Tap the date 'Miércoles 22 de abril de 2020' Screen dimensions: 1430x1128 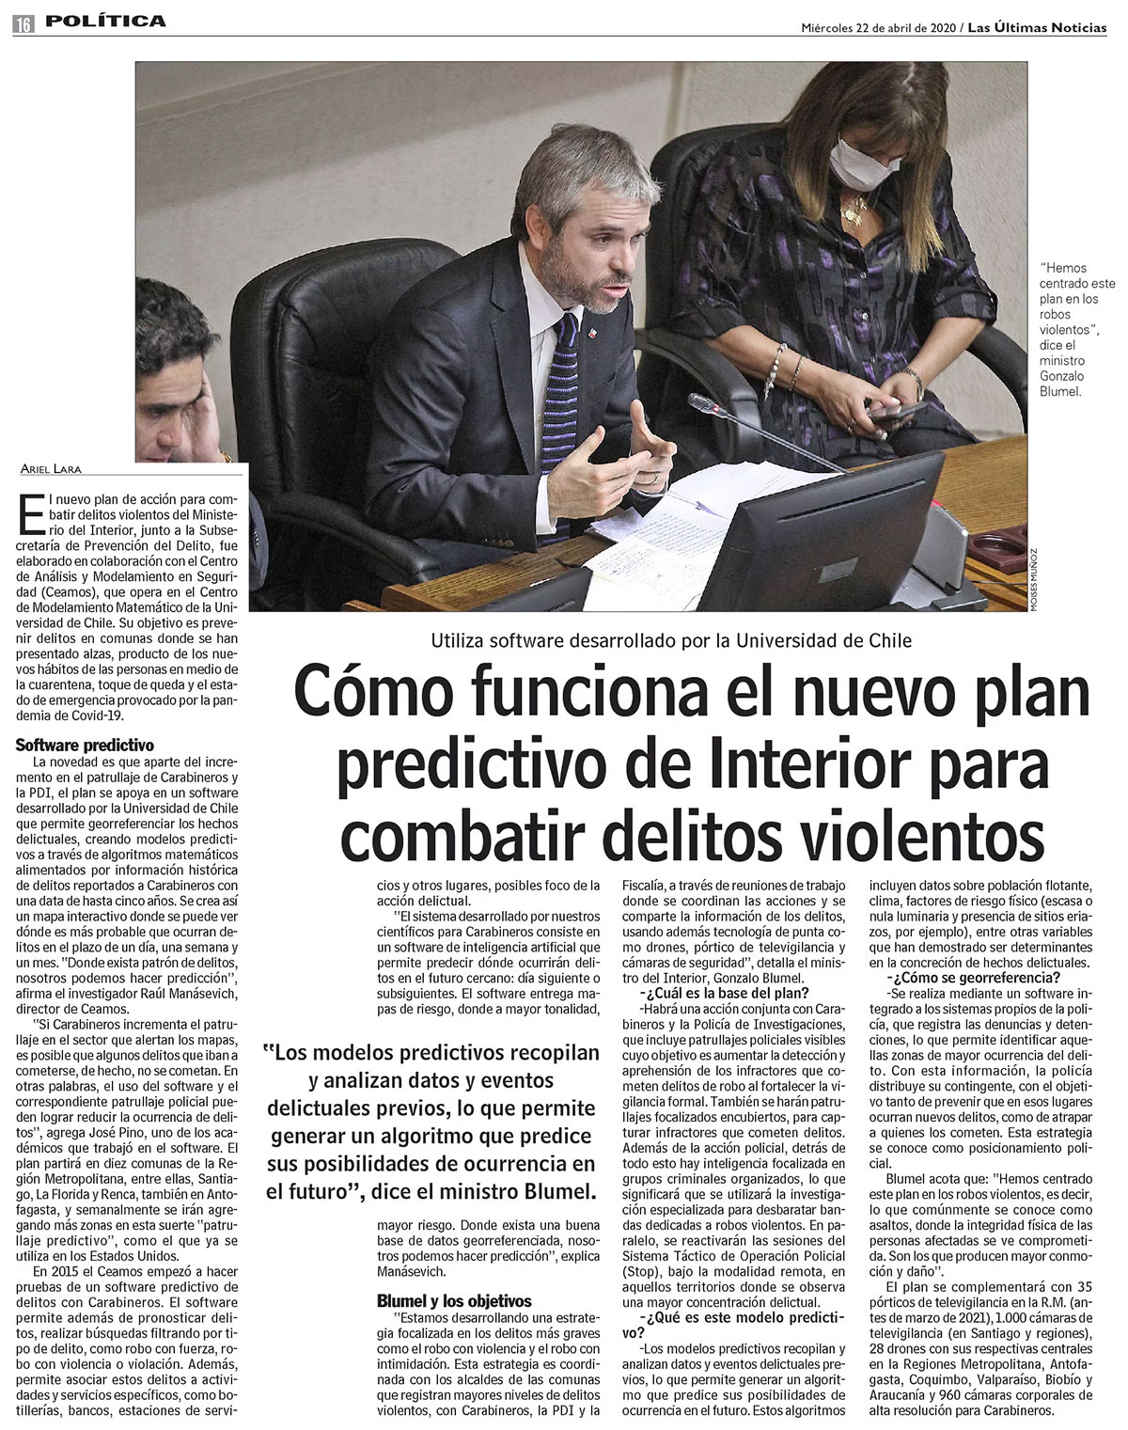point(876,26)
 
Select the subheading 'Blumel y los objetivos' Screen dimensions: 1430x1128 point(454,1301)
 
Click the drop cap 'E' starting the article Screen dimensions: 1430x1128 point(28,517)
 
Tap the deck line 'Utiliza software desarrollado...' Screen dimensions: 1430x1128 point(671,641)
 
